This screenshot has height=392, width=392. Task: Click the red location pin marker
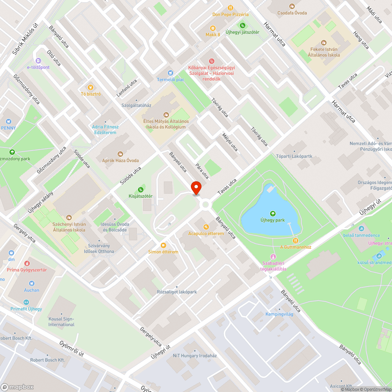(x=196, y=188)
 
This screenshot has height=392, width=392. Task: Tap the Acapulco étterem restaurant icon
(x=206, y=227)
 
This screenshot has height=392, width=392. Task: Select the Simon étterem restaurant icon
(x=163, y=245)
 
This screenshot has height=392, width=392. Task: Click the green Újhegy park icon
(x=272, y=214)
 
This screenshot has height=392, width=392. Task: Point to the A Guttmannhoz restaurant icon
(x=296, y=240)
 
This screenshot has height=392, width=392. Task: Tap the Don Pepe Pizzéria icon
(x=230, y=7)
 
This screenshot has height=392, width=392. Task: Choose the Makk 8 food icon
(x=213, y=28)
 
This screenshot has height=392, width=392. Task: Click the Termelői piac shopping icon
(x=170, y=73)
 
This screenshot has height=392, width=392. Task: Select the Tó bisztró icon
(x=91, y=87)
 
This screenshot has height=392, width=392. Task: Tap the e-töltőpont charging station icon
(x=38, y=60)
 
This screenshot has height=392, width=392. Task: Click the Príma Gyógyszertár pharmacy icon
(x=27, y=263)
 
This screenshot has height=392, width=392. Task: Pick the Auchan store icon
(x=31, y=283)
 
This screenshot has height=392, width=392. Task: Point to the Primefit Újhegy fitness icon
(x=26, y=302)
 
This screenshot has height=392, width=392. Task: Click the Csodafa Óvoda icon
(x=292, y=6)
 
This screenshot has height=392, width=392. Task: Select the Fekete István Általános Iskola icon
(x=323, y=42)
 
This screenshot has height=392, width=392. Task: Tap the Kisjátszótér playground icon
(x=141, y=190)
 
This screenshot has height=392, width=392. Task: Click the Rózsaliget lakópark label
(x=176, y=292)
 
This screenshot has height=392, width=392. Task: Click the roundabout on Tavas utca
(x=205, y=204)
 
